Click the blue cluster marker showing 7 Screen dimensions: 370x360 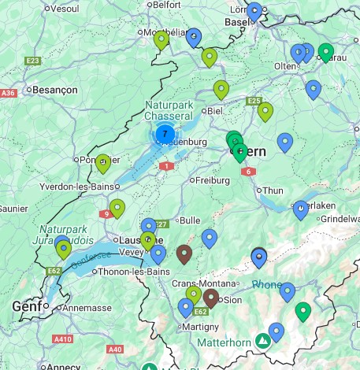165,135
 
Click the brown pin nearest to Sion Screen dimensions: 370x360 211,298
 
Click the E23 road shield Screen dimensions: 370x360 33,61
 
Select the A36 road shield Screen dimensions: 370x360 9,93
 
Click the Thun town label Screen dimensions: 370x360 273,191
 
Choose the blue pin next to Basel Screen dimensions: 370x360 254,11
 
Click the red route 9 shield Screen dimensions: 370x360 106,213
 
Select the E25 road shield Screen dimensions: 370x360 254,101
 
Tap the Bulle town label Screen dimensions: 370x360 191,220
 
